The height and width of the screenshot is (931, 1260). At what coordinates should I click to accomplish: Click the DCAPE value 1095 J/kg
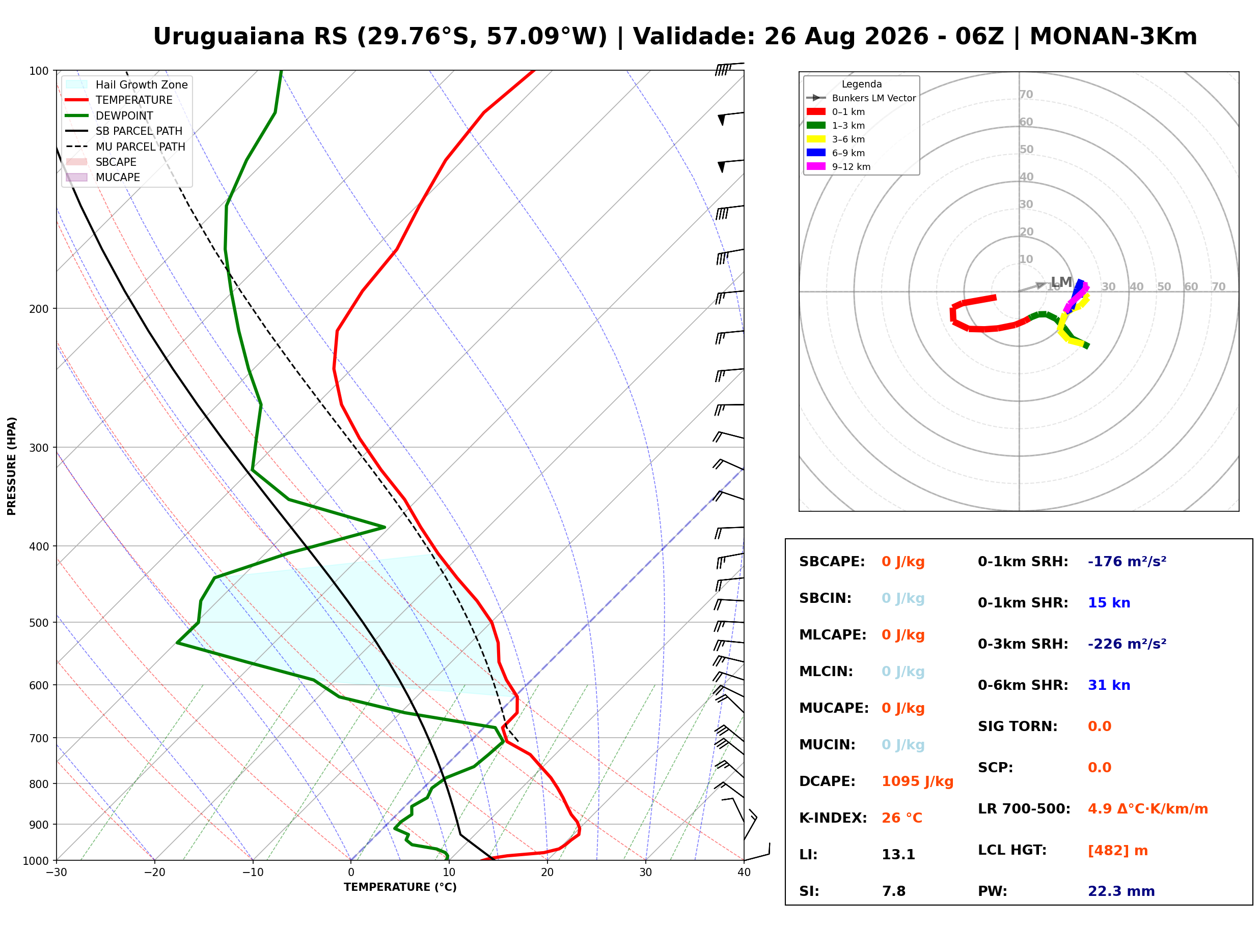pyautogui.click(x=917, y=781)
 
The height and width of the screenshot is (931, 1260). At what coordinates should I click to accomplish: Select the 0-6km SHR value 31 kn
pyautogui.click(x=1109, y=685)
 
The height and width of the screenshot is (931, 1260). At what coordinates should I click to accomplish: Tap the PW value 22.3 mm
pyautogui.click(x=1121, y=891)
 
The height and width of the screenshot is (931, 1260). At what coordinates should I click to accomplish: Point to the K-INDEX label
pyautogui.click(x=833, y=818)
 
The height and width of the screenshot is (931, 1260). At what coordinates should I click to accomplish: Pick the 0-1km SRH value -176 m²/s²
pyautogui.click(x=1127, y=562)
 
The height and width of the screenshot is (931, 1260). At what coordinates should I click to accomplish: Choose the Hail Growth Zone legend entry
pyautogui.click(x=127, y=84)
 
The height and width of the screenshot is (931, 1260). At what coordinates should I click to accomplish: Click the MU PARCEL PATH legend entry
pyautogui.click(x=126, y=147)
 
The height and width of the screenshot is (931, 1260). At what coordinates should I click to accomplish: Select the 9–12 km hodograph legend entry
pyautogui.click(x=839, y=167)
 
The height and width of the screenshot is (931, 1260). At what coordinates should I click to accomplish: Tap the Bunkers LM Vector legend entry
pyautogui.click(x=861, y=98)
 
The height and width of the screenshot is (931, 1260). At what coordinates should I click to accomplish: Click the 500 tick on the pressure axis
pyautogui.click(x=39, y=623)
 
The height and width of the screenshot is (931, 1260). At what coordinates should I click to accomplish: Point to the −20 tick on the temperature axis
pyautogui.click(x=154, y=872)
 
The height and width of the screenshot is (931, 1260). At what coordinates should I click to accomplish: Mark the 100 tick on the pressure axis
pyautogui.click(x=39, y=71)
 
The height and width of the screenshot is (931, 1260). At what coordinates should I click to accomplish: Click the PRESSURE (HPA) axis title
pyautogui.click(x=12, y=466)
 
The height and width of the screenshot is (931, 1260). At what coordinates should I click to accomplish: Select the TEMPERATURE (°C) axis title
pyautogui.click(x=400, y=888)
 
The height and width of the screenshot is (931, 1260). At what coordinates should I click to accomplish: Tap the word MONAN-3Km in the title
pyautogui.click(x=1113, y=37)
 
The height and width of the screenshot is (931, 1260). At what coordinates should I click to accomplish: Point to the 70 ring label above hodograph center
pyautogui.click(x=1027, y=95)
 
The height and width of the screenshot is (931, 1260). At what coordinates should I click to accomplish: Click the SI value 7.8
pyautogui.click(x=894, y=891)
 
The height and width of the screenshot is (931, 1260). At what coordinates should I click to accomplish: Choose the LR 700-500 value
pyautogui.click(x=1148, y=809)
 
